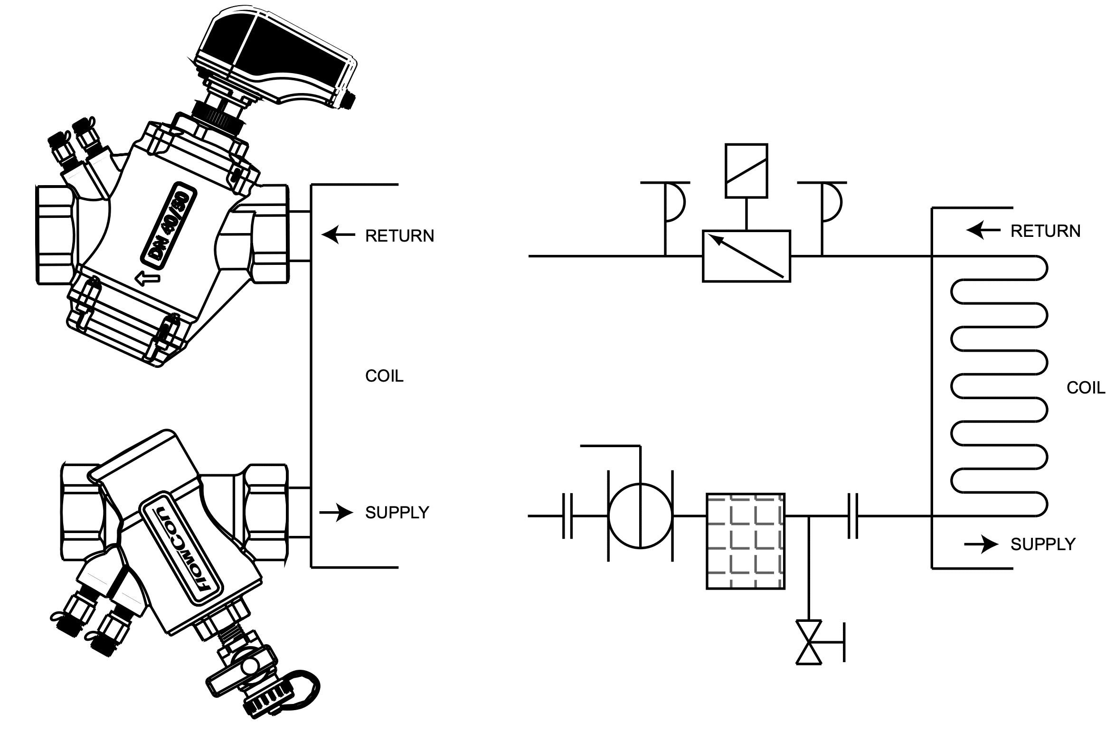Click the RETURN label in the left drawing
pos(399,236)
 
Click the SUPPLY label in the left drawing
pos(397,513)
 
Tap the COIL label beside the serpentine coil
pos(1086,388)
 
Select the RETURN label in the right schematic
pos(1045,231)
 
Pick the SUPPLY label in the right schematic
pos(1043,544)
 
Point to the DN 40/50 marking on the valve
pos(170,225)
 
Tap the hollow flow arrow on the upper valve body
pos(147,278)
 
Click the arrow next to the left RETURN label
pos(338,234)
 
